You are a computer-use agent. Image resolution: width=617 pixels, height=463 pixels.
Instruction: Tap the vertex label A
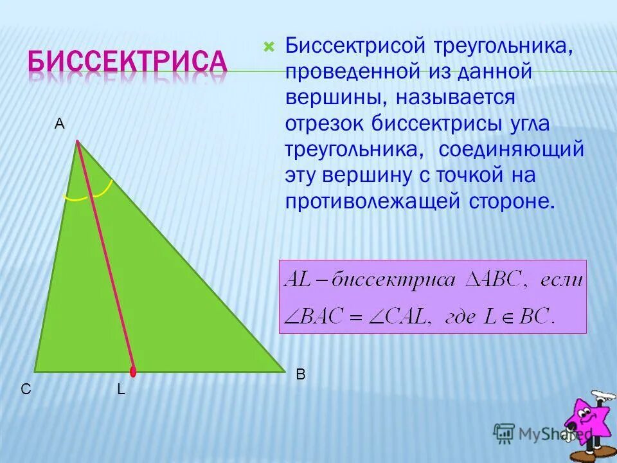pyautogui.click(x=59, y=125)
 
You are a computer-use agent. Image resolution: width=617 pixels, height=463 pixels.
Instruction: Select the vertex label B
pyautogui.click(x=300, y=374)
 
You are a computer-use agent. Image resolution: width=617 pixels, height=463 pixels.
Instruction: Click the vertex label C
pyautogui.click(x=25, y=389)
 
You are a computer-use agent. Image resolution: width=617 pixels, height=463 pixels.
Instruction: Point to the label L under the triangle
pyautogui.click(x=120, y=389)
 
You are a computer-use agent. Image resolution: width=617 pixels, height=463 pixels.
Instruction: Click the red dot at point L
pyautogui.click(x=133, y=371)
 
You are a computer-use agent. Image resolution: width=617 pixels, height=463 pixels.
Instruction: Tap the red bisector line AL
pyautogui.click(x=105, y=257)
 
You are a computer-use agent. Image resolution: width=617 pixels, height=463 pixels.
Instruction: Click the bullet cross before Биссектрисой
pyautogui.click(x=269, y=46)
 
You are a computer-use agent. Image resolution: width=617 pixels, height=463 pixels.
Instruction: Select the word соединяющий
pyautogui.click(x=511, y=149)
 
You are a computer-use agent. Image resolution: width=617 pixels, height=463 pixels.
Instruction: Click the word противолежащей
pyautogui.click(x=370, y=201)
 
